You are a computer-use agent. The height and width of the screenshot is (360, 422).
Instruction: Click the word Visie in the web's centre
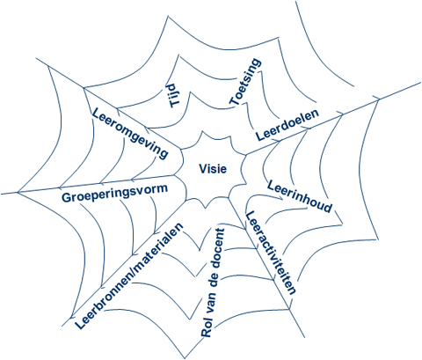[x=213, y=169]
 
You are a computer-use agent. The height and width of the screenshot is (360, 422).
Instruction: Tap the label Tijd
[x=174, y=96]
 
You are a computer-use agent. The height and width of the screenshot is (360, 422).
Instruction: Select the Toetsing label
[x=245, y=82]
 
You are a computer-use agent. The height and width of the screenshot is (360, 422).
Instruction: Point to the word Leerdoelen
[x=287, y=125]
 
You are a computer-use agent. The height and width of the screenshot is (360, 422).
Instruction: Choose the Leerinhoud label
[x=300, y=196]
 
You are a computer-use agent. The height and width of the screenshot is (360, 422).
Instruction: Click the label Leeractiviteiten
[x=270, y=253]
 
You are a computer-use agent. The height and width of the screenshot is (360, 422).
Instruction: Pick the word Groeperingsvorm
[x=114, y=193]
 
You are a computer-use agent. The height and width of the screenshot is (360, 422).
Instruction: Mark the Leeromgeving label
[x=130, y=133]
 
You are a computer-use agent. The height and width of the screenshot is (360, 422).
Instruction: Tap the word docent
[x=218, y=245]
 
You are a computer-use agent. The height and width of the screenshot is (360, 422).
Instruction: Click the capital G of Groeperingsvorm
[x=67, y=198]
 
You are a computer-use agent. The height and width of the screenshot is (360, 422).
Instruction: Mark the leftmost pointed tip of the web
[x=18, y=193]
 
